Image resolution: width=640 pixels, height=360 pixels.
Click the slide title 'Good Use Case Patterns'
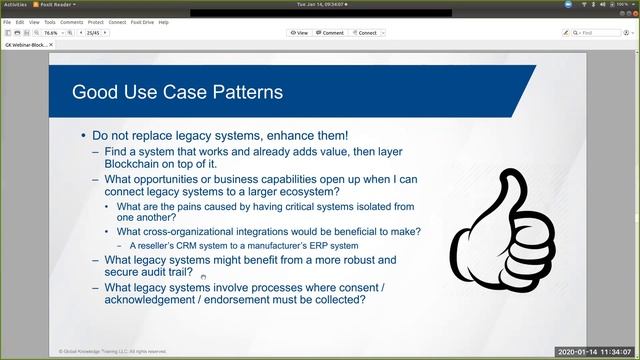[177, 93]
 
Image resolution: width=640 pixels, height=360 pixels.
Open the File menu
[7, 21]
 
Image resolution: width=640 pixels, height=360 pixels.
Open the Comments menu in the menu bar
[72, 21]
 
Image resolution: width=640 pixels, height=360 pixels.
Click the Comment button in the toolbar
[329, 32]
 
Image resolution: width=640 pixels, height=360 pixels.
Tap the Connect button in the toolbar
[364, 32]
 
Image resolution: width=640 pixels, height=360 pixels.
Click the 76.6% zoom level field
[53, 32]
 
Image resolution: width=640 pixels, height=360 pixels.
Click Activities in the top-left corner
[14, 4]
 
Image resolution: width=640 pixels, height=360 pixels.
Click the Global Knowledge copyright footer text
[111, 351]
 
